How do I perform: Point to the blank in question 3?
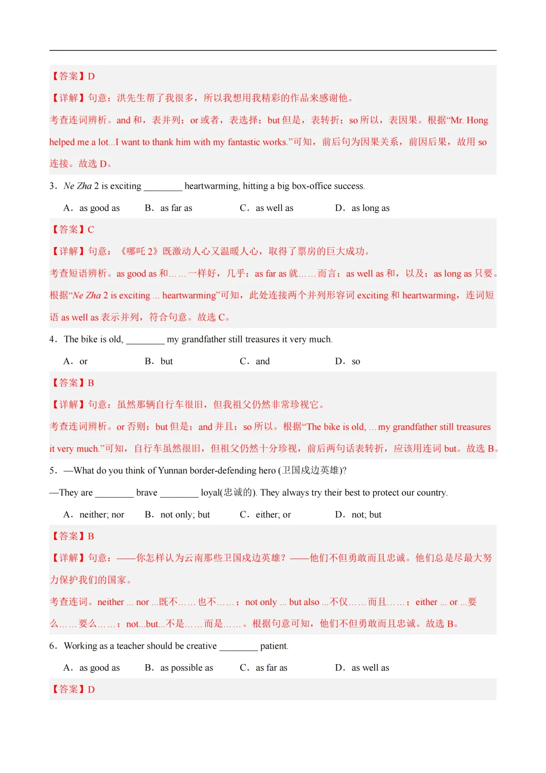tap(163, 187)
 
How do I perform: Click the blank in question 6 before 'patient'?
tap(239, 647)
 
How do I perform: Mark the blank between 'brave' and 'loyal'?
tap(179, 493)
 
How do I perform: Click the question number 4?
tap(53, 339)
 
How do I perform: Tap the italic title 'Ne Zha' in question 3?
tap(78, 186)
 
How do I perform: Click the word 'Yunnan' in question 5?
tap(173, 470)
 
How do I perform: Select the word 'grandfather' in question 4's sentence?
tap(204, 339)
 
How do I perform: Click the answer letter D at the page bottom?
tap(92, 690)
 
